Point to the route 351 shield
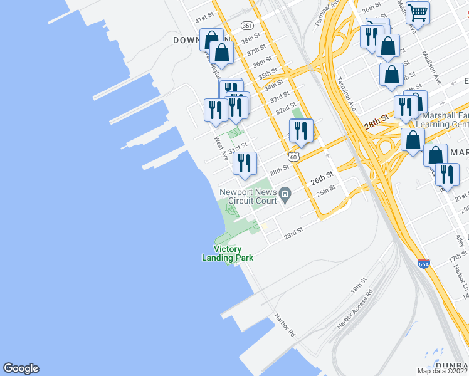point(248,26)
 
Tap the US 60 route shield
point(293,155)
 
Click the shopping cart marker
point(418,12)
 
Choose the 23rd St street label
point(293,233)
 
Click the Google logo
point(21,368)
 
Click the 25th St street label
point(326,190)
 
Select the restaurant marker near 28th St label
point(245,163)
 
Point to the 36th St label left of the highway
point(262,63)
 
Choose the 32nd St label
point(286,110)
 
